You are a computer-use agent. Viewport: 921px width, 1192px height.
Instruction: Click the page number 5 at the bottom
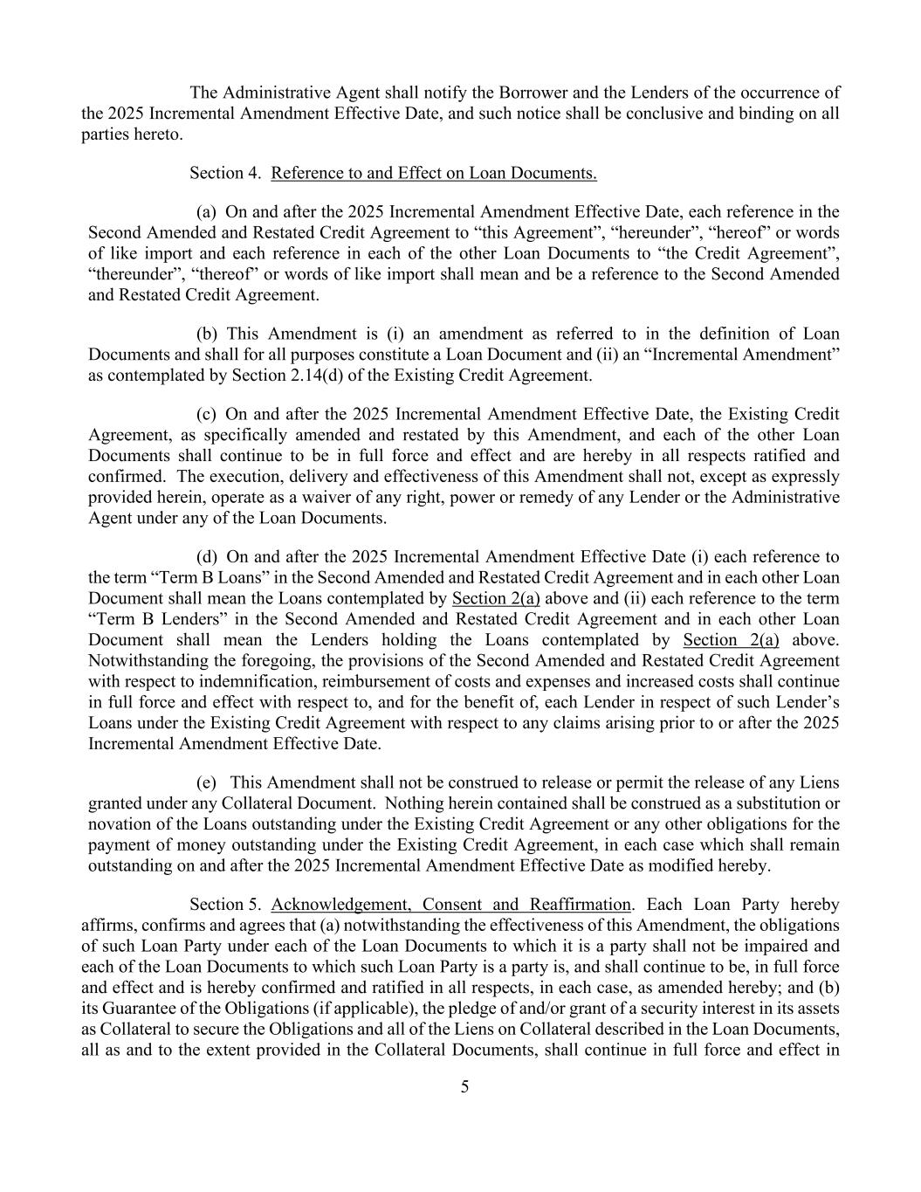pos(464,1087)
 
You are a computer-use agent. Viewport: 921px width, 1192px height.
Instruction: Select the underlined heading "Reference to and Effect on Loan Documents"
pos(434,173)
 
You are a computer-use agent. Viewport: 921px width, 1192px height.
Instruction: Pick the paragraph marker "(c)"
pos(206,414)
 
